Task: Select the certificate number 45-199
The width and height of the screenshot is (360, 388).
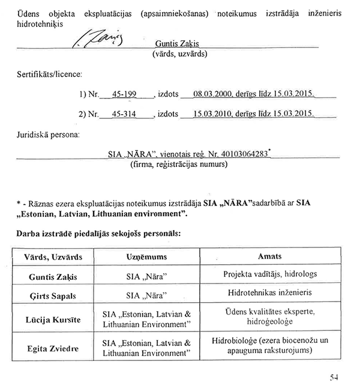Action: coord(125,95)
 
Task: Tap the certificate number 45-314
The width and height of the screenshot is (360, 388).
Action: coord(125,113)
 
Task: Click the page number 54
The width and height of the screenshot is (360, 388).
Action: coord(335,377)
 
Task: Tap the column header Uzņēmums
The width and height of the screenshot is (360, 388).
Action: coord(146,256)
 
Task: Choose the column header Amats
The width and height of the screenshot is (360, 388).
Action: coord(269,256)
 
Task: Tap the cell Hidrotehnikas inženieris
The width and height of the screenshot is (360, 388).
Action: coord(269,296)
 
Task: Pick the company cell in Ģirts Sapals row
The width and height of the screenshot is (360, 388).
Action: coord(146,296)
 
